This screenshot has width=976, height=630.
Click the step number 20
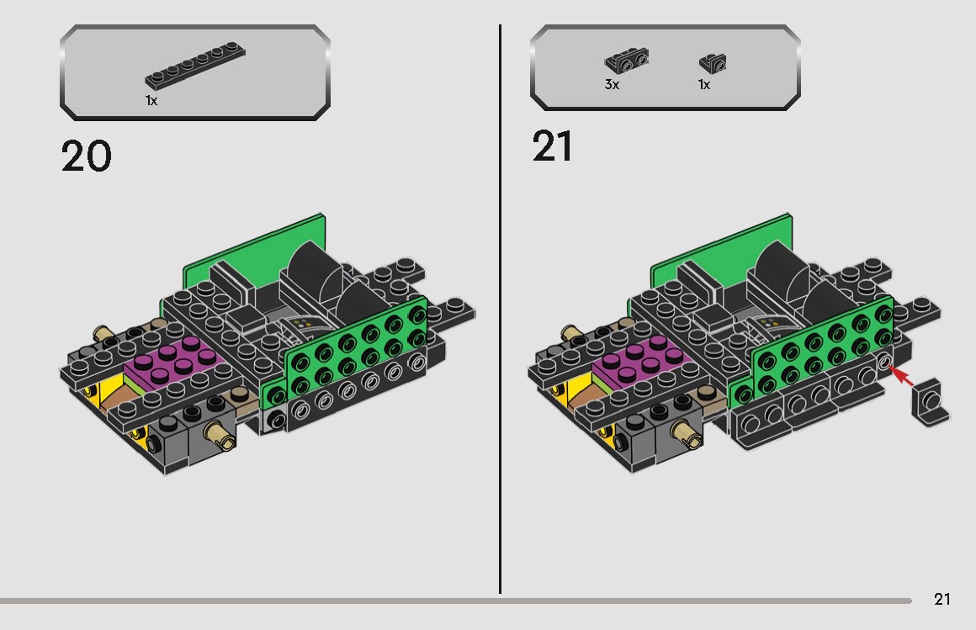(86, 156)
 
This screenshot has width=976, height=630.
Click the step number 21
(553, 146)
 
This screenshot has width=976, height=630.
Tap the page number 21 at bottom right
(942, 599)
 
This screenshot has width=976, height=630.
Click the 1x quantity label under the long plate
(151, 100)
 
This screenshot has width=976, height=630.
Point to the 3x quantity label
(612, 85)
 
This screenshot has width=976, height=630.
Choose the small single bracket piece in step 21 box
(713, 62)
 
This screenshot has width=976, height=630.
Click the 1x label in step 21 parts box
(704, 85)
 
